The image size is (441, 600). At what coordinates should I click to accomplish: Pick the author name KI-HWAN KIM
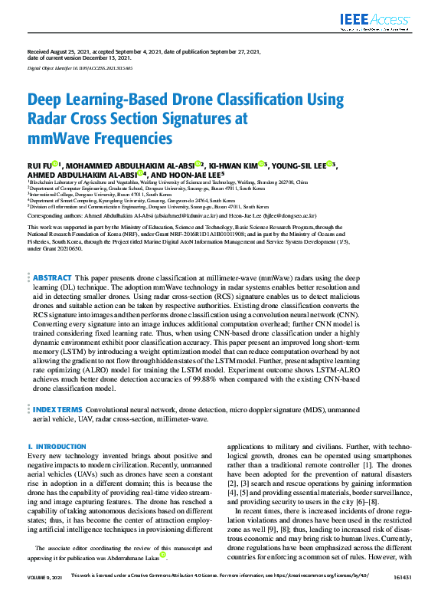(x=232, y=164)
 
